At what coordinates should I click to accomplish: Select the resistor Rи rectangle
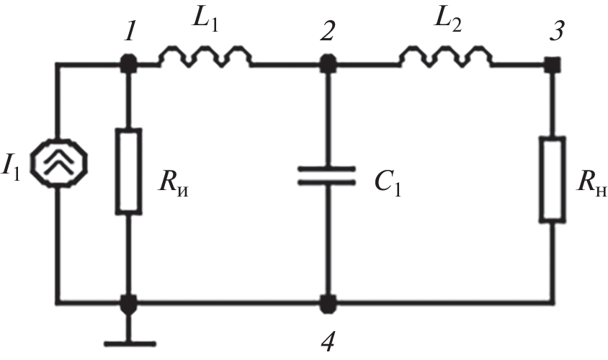[129, 171]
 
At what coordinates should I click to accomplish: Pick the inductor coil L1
[205, 57]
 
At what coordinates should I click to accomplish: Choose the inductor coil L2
[446, 57]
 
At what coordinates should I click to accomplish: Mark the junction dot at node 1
[129, 65]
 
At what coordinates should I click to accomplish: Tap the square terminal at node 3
[553, 65]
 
